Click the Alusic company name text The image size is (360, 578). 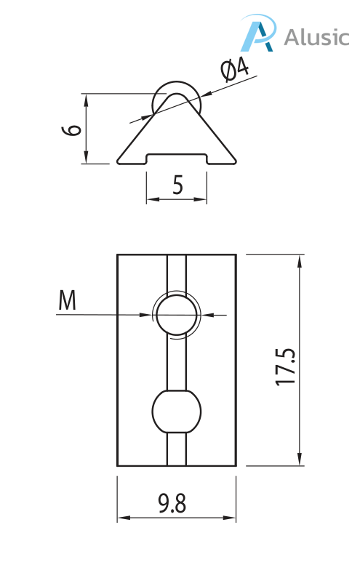316,37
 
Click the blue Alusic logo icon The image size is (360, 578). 258,34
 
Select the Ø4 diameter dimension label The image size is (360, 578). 234,71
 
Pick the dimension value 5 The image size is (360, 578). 177,186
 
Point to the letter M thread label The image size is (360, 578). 67,300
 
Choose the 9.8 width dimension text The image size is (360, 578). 172,504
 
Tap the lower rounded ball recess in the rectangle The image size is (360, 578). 176,412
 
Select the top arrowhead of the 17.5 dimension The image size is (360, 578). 300,260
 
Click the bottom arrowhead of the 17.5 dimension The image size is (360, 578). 300,459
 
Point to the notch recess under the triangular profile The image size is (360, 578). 177,157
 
